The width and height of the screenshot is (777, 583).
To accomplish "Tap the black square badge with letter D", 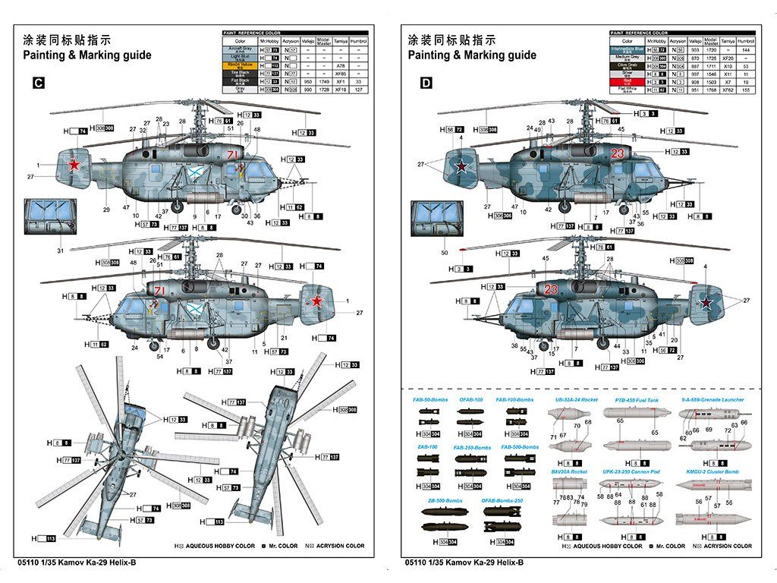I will [x=426, y=84].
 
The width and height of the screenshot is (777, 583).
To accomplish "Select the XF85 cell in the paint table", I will [x=341, y=73].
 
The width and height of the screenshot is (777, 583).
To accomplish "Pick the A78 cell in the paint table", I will [x=341, y=65].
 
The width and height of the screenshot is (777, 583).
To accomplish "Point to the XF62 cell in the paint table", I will [x=728, y=90].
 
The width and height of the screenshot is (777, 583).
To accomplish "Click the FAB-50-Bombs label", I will [x=430, y=399].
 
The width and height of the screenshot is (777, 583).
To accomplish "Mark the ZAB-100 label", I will [x=427, y=447].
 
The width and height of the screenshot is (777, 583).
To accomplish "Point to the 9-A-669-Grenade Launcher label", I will [x=713, y=399].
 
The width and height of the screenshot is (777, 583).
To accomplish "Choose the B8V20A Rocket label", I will [x=569, y=471].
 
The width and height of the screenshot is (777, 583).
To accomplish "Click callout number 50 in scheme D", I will [x=444, y=252].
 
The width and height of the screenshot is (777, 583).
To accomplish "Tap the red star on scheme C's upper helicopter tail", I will [x=74, y=165].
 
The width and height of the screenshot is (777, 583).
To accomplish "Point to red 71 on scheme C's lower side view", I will [x=159, y=291].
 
